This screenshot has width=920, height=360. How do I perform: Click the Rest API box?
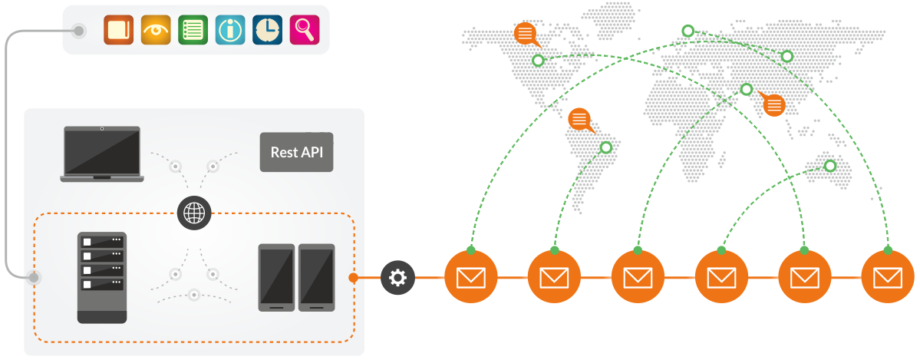[296, 152]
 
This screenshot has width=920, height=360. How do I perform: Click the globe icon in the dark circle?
[193, 211]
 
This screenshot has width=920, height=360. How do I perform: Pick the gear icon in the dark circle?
[397, 276]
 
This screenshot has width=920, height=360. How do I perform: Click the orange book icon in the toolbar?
[119, 30]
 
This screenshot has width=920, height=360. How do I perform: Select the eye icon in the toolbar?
[156, 30]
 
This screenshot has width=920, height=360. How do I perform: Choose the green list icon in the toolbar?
[193, 30]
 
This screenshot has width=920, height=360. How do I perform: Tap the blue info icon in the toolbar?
[230, 30]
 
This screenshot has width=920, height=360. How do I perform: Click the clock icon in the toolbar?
[267, 30]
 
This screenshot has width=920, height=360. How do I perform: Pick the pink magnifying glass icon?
[304, 30]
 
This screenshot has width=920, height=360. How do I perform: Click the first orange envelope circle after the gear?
[471, 276]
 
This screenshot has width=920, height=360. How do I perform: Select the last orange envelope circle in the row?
[888, 276]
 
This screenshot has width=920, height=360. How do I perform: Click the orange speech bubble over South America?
[579, 120]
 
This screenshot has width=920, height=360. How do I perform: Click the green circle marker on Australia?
[829, 166]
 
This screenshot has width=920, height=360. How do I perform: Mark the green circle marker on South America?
[606, 147]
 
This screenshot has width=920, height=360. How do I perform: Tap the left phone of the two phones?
[276, 277]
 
